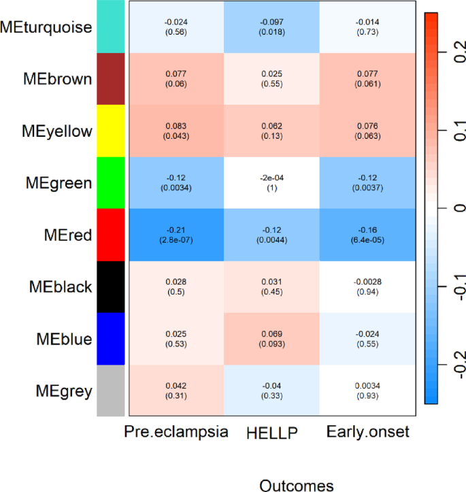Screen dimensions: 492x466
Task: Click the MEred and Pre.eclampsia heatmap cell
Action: [176, 235]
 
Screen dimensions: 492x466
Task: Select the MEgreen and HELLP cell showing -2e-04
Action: [272, 182]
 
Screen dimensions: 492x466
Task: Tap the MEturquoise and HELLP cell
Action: [272, 27]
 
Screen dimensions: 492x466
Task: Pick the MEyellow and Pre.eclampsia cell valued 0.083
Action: [176, 131]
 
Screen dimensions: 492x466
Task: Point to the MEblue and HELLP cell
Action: [272, 338]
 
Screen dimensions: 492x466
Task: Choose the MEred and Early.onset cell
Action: [367, 235]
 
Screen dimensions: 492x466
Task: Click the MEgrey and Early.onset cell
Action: [367, 390]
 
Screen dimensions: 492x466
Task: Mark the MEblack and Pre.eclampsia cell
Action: [176, 286]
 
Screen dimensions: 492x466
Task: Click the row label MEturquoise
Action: [46, 27]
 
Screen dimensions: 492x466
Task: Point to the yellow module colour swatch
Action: [111, 131]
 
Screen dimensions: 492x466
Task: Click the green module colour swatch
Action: [111, 182]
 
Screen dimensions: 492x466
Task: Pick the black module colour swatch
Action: [111, 286]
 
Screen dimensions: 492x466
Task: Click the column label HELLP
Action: [272, 432]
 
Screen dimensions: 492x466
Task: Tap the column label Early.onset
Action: [367, 432]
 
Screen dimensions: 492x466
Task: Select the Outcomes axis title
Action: [297, 484]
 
